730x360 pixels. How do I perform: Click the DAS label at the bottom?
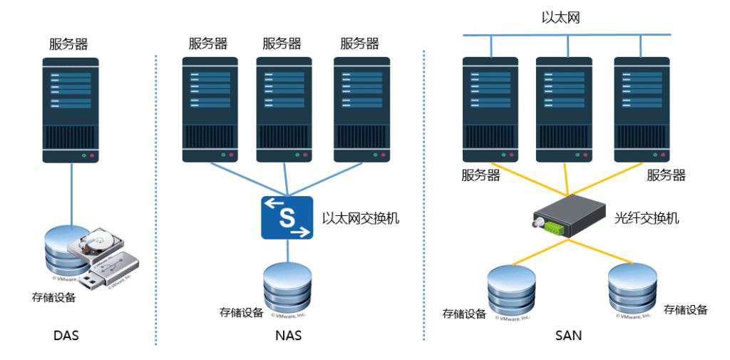[66, 335]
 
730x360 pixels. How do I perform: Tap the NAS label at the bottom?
[287, 335]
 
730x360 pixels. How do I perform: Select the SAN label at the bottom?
[568, 335]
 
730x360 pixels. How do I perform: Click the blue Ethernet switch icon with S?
[287, 217]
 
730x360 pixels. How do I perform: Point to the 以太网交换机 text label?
[361, 218]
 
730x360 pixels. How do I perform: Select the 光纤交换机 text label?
[647, 218]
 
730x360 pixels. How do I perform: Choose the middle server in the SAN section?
[565, 110]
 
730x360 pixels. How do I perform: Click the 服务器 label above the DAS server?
[68, 43]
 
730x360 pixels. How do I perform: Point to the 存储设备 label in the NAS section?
[241, 312]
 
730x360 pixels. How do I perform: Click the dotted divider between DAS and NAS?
[155, 200]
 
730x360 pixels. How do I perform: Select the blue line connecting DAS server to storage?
[71, 192]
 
